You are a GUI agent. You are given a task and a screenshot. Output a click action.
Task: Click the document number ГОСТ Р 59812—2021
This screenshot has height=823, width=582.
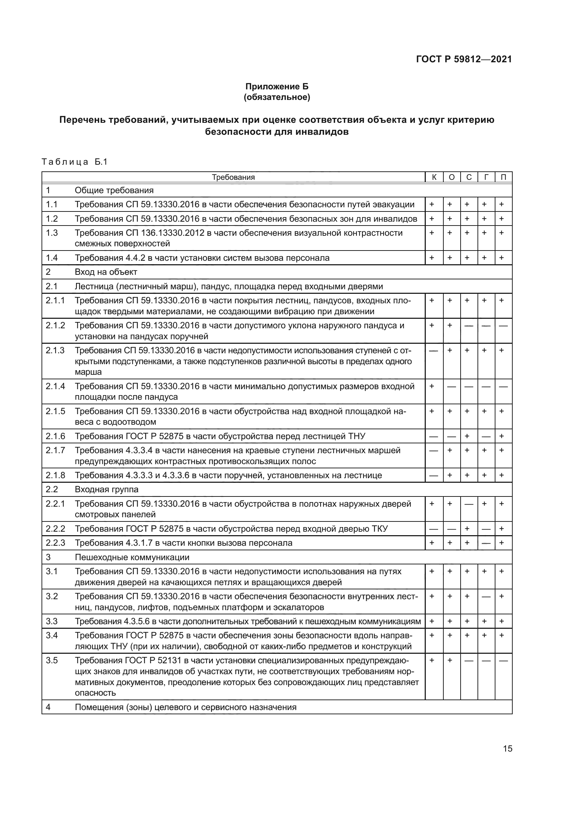pyautogui.click(x=464, y=59)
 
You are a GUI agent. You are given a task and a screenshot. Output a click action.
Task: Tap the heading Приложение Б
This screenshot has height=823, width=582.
pyautogui.click(x=277, y=87)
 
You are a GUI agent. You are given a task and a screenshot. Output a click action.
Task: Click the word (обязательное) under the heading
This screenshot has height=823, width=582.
pyautogui.click(x=277, y=97)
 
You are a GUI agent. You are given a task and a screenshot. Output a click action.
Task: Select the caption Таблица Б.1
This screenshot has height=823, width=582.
pyautogui.click(x=75, y=162)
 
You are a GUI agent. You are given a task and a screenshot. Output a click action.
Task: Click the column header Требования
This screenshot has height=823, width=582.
pyautogui.click(x=233, y=177)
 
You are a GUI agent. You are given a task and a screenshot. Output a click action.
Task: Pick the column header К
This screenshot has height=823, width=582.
pyautogui.click(x=434, y=177)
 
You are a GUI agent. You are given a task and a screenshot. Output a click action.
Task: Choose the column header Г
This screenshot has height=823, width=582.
pyautogui.click(x=486, y=177)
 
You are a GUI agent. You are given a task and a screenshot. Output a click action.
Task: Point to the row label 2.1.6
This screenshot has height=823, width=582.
pyautogui.click(x=55, y=436)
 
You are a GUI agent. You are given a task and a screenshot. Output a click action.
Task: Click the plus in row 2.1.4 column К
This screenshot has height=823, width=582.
pyautogui.click(x=431, y=386)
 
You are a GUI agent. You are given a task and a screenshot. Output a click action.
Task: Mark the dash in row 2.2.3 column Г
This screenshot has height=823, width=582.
pyautogui.click(x=486, y=543)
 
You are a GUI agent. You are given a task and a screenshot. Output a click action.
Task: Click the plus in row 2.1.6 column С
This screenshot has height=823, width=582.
pyautogui.click(x=467, y=436)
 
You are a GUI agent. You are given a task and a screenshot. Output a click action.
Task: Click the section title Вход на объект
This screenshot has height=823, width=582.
pyautogui.click(x=106, y=272)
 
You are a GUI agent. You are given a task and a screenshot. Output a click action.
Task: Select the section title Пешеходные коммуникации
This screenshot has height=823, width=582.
pyautogui.click(x=132, y=557)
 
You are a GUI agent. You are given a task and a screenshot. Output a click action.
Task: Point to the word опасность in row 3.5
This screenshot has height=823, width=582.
pyautogui.click(x=95, y=693)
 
